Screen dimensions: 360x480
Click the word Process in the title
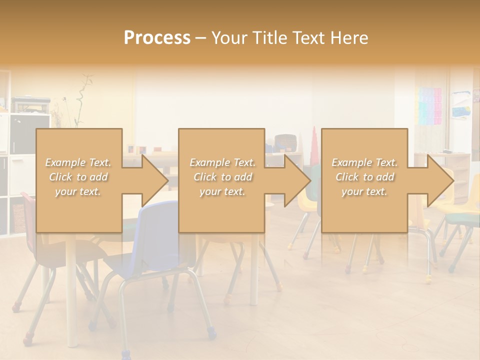coord(157,38)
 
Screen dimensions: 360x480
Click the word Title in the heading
coord(269,38)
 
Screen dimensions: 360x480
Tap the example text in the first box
coord(78,177)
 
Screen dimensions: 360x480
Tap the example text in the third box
coord(364,177)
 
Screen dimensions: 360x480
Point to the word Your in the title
coord(229,38)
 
